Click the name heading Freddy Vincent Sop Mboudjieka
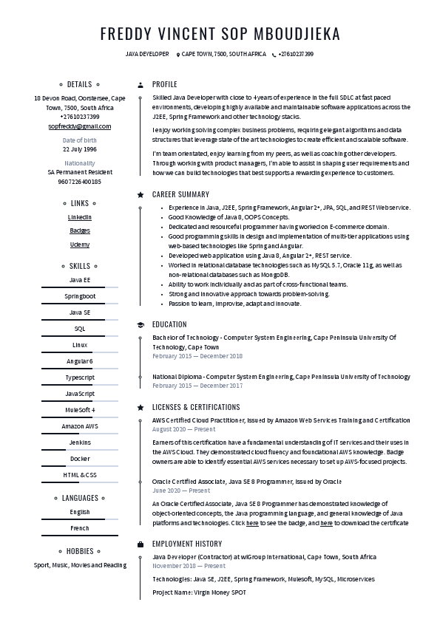(x=220, y=34)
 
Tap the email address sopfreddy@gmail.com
(x=80, y=126)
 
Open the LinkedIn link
(x=80, y=218)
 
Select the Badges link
(x=80, y=231)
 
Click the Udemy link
(x=80, y=245)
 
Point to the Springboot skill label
(x=80, y=296)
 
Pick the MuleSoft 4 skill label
(x=80, y=410)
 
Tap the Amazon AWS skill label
(x=80, y=426)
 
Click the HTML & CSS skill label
(x=80, y=475)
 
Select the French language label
(x=80, y=528)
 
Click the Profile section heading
(x=164, y=85)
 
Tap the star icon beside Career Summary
(x=141, y=195)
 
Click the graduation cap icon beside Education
(x=141, y=324)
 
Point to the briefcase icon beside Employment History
(x=141, y=544)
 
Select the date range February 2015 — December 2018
(x=197, y=356)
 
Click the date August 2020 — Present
(x=184, y=429)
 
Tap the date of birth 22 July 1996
(x=80, y=149)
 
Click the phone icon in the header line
(x=274, y=55)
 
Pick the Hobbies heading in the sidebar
(x=80, y=551)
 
